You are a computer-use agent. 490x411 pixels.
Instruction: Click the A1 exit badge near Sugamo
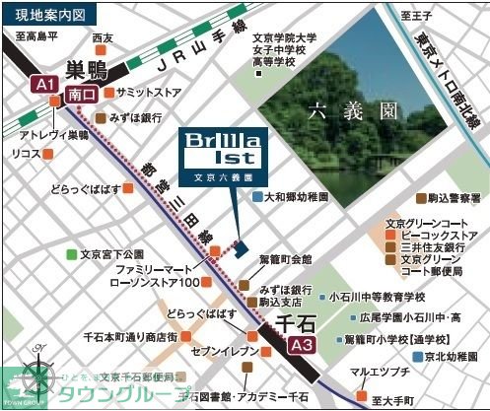click(x=43, y=86)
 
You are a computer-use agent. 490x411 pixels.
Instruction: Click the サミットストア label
click(x=149, y=92)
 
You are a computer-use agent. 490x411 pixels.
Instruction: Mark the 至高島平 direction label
click(x=38, y=36)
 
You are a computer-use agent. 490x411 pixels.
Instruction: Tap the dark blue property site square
click(x=238, y=246)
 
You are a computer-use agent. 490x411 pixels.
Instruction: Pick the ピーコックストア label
click(x=440, y=237)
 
